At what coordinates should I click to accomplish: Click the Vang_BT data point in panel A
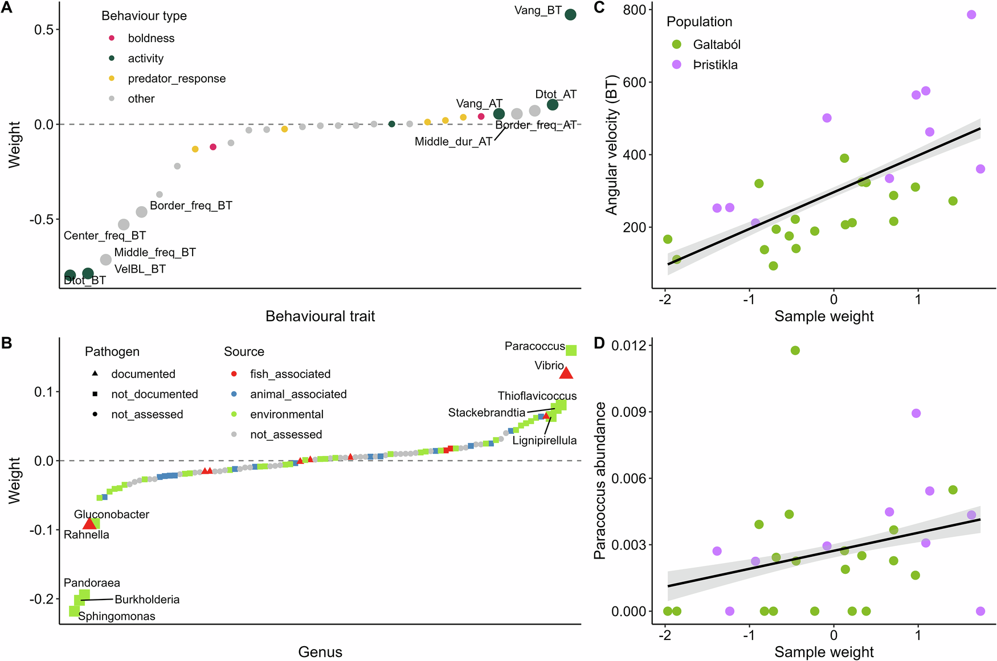(x=570, y=15)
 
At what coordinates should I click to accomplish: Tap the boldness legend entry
(x=151, y=38)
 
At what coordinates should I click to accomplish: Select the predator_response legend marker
(x=112, y=79)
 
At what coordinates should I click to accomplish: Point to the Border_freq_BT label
(x=191, y=206)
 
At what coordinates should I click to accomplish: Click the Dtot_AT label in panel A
(x=555, y=95)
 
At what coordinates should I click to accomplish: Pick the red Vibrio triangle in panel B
(x=566, y=373)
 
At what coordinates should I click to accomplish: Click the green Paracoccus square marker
(x=571, y=351)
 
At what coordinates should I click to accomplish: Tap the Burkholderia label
(x=147, y=600)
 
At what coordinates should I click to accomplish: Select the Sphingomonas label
(x=117, y=616)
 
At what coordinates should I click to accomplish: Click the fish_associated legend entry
(x=290, y=374)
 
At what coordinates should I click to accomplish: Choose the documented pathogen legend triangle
(x=95, y=373)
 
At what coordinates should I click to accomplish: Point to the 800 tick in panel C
(x=635, y=10)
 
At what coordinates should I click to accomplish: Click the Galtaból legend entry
(x=716, y=44)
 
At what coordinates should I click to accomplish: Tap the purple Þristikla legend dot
(x=677, y=64)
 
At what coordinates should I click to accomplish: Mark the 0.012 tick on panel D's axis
(x=628, y=346)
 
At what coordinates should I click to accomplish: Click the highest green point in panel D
(x=795, y=351)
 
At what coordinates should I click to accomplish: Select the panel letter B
(x=7, y=343)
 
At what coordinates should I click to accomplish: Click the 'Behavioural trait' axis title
(x=320, y=316)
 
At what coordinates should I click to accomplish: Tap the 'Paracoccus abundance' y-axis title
(x=599, y=481)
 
